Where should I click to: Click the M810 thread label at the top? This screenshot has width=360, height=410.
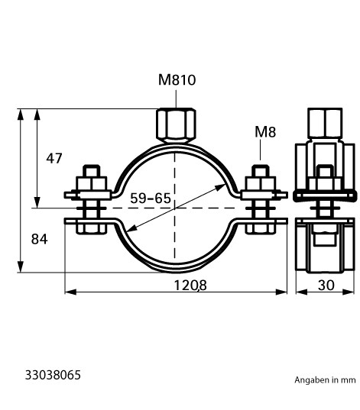[x=177, y=79]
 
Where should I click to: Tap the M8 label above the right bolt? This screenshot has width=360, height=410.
[x=265, y=132]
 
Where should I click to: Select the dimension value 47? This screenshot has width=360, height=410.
[x=54, y=158]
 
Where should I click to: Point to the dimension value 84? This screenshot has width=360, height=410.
[x=40, y=239]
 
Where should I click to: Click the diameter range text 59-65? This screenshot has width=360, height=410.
[x=151, y=199]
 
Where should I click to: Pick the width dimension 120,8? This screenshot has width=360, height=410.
[x=190, y=285]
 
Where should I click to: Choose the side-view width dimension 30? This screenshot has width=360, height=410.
[x=326, y=285]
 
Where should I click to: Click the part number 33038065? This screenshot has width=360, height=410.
[x=53, y=375]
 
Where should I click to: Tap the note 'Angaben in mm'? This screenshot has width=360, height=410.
[x=325, y=379]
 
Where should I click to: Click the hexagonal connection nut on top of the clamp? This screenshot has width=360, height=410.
[x=176, y=125]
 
